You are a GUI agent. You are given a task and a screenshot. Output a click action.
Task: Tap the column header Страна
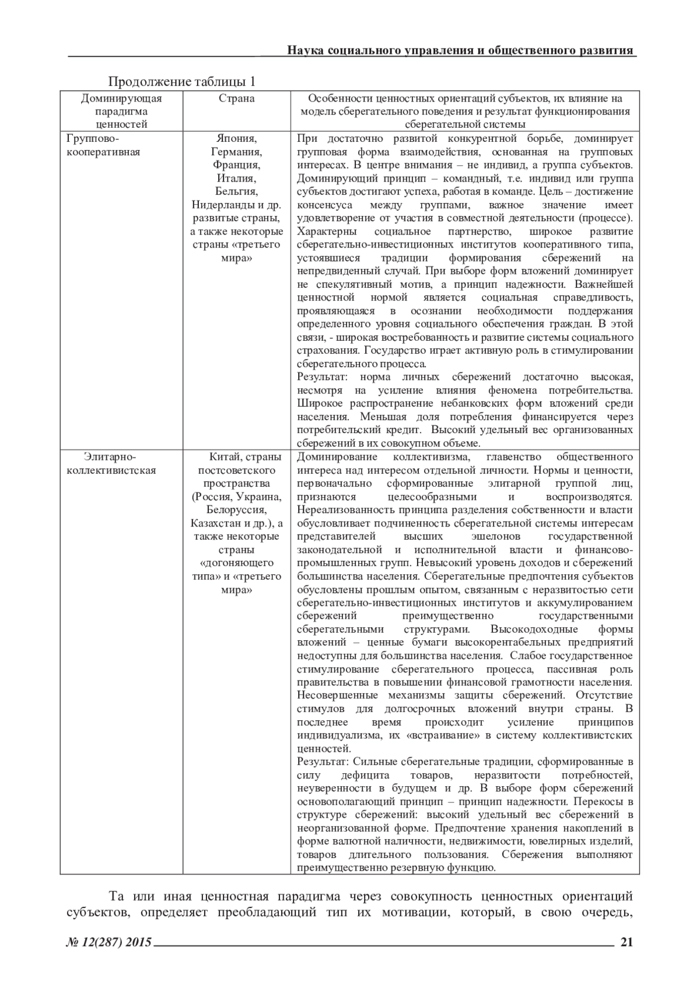point(236,98)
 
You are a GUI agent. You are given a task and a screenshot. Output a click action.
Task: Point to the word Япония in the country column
point(237,139)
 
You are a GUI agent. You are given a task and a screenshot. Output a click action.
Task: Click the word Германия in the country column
point(237,152)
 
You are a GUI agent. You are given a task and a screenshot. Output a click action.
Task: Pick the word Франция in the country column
point(237,165)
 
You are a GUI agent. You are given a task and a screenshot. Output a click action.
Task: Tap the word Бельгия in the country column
point(237,191)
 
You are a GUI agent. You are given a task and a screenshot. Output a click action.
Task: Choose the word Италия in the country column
point(237,178)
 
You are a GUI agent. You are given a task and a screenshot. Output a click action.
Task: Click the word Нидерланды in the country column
point(222,205)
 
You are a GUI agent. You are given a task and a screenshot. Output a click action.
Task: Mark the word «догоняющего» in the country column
point(236,563)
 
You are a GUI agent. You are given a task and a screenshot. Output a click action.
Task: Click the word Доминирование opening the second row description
point(337,456)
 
